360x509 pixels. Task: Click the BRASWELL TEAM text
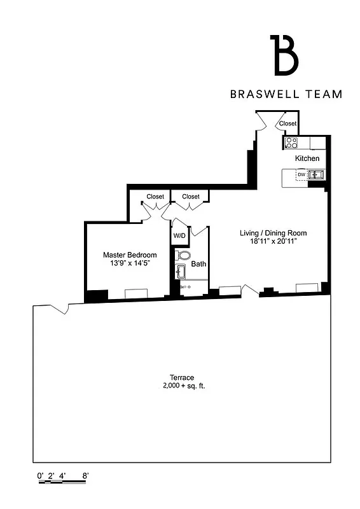[286, 94]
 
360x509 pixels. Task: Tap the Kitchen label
[307, 158]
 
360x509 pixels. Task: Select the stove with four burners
[291, 143]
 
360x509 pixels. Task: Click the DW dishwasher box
[301, 174]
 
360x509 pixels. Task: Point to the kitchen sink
[315, 174]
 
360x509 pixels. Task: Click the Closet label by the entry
[287, 123]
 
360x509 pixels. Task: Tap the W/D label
[179, 236]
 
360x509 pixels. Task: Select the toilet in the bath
[183, 256]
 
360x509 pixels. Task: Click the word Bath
[198, 264]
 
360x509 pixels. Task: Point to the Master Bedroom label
[130, 255]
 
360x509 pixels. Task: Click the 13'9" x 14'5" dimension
[130, 264]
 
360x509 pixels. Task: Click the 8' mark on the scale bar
[85, 475]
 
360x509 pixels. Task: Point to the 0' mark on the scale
[40, 475]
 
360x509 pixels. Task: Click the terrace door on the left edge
[60, 309]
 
